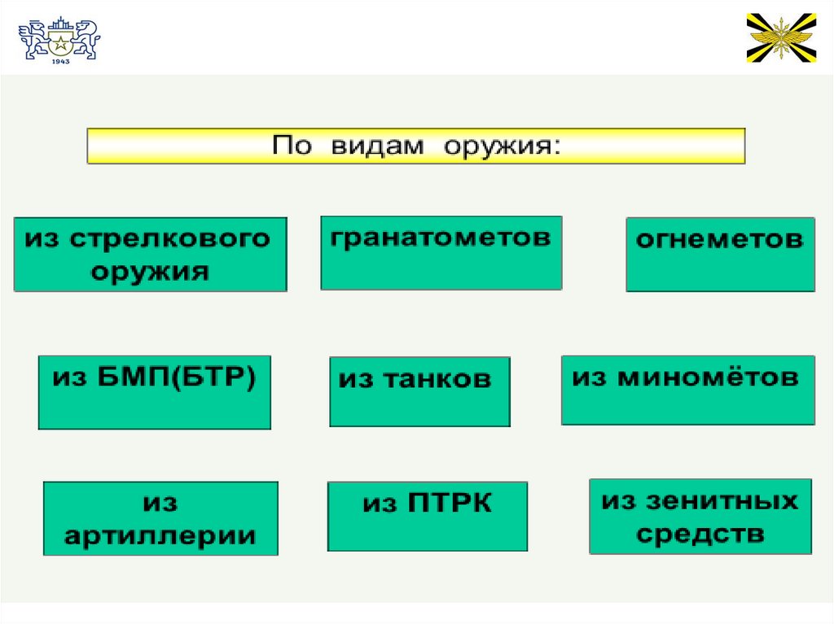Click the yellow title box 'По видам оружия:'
coord(415,146)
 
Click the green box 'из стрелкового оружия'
coord(150,254)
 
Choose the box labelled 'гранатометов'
coord(441,252)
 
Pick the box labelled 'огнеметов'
coord(719,254)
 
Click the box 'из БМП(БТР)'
coord(154,392)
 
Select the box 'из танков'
coord(419,391)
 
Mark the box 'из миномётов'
coord(687,390)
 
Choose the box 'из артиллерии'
coord(160,518)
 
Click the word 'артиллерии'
coord(160,535)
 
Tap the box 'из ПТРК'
coord(427,516)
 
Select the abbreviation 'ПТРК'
coord(448,504)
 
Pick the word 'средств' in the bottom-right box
coord(700,535)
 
